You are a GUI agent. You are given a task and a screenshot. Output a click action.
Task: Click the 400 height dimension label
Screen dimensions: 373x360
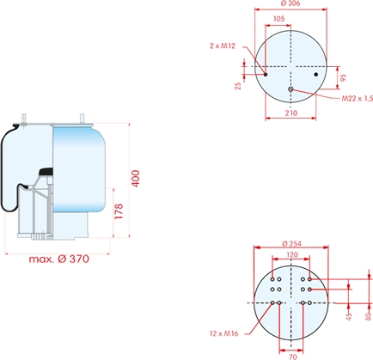tap(136, 179)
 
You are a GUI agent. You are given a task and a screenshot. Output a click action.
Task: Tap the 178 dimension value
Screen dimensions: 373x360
tap(119, 211)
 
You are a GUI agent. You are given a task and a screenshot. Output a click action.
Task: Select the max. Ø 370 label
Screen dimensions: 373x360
tap(59, 259)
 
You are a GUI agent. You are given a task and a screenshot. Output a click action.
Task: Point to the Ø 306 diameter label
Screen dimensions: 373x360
tap(290, 3)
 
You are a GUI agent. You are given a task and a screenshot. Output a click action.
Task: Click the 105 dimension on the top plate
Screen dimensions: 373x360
tap(278, 19)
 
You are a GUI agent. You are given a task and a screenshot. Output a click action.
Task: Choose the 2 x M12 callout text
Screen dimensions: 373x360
tap(223, 46)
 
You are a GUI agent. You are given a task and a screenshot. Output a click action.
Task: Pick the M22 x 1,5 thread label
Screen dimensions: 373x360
tap(358, 99)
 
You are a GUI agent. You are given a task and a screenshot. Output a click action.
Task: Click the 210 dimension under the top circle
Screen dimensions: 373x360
tap(291, 113)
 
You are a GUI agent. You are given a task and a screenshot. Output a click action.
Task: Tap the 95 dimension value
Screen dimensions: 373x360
tap(343, 77)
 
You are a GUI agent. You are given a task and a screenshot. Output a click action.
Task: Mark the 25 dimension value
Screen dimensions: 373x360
tap(238, 86)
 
